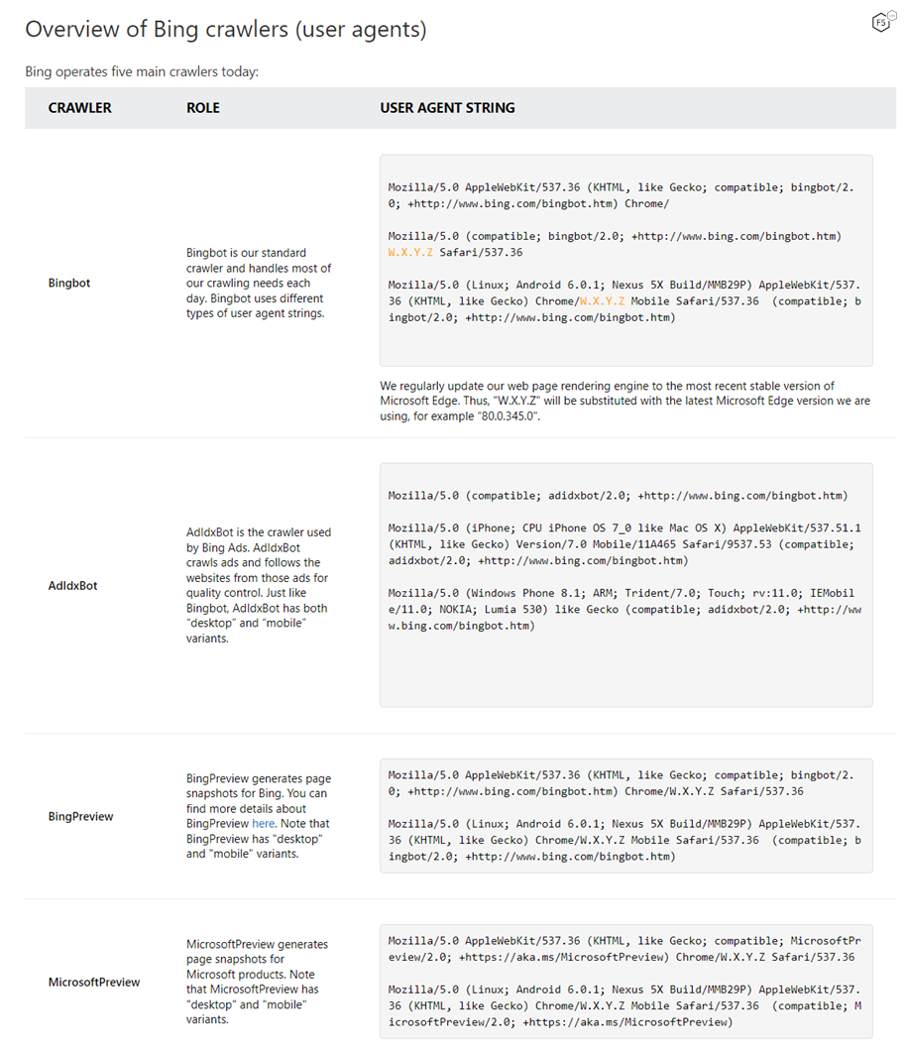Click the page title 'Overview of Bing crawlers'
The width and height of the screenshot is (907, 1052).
[x=226, y=30]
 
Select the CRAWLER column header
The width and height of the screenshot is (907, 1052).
[x=79, y=108]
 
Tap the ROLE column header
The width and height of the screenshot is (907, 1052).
[x=203, y=108]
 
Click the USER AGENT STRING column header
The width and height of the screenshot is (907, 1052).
[x=447, y=108]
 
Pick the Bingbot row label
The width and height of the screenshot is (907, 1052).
[x=69, y=283]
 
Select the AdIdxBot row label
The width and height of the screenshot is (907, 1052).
[x=73, y=585]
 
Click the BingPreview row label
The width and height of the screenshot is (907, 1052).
[x=80, y=816]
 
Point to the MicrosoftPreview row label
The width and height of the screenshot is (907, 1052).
[x=94, y=982]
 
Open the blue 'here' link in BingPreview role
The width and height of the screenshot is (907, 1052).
[x=263, y=823]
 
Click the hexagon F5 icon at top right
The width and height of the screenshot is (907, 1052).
[x=879, y=23]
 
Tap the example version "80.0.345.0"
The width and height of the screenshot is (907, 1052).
[x=507, y=416]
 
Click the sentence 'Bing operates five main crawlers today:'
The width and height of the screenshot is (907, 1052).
[x=142, y=71]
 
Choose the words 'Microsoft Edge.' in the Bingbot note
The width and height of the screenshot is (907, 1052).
[x=421, y=402]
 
